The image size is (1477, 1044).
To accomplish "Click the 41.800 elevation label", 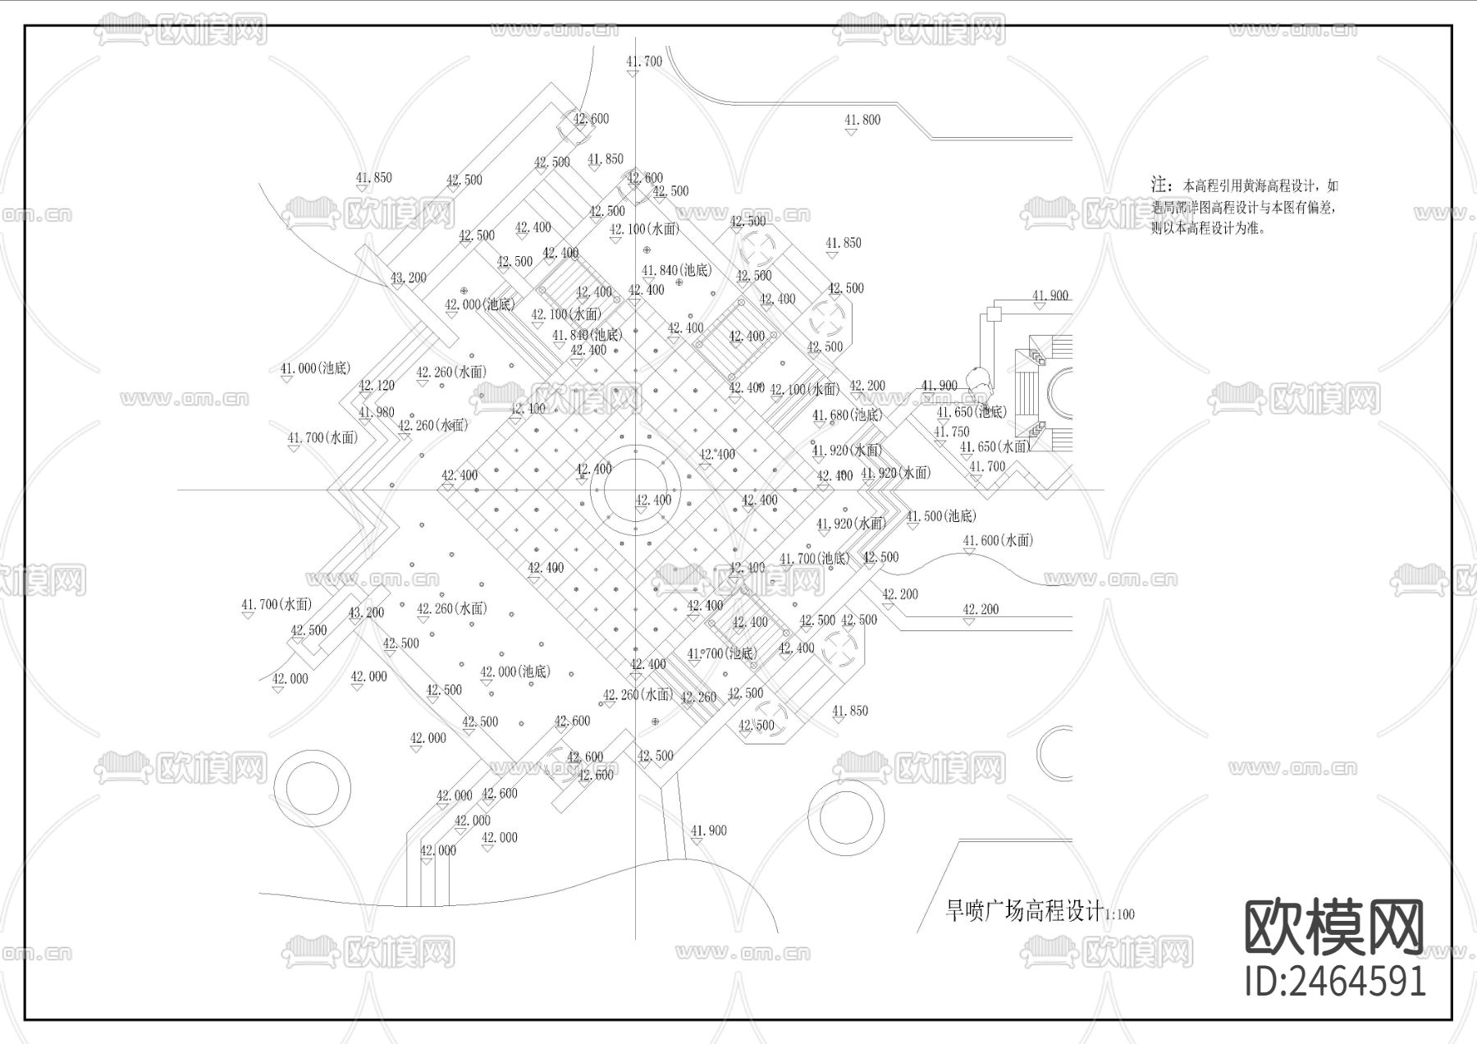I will click(x=862, y=120).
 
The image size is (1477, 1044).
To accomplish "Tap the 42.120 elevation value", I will click(x=377, y=386).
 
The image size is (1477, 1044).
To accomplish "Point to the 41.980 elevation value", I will click(x=377, y=413).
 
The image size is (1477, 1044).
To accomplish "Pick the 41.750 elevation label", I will click(x=952, y=432).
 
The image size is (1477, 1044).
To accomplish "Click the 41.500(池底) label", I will click(x=941, y=516).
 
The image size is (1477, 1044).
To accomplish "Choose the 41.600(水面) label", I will click(x=998, y=540).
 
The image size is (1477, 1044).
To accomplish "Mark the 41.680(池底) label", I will click(x=847, y=415).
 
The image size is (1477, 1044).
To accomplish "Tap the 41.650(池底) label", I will click(x=972, y=412).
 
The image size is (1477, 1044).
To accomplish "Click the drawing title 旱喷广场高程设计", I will click(x=1024, y=910).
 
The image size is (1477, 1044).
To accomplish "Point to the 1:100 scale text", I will click(x=1120, y=914).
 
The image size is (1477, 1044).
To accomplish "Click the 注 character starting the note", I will click(x=1159, y=185).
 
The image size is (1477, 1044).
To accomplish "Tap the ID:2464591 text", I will click(x=1335, y=980).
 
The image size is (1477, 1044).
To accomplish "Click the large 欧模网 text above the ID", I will click(x=1334, y=927).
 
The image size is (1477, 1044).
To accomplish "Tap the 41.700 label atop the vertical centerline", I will click(x=643, y=62).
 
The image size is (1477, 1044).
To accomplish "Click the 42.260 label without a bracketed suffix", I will click(x=699, y=698).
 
